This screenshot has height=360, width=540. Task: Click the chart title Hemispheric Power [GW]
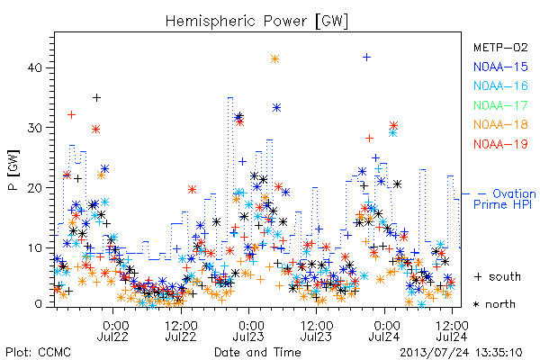pos(256,21)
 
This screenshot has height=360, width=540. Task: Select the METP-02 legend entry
pos(500,47)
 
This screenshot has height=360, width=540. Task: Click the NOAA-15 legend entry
pos(500,67)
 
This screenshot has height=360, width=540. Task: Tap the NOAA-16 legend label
pos(500,85)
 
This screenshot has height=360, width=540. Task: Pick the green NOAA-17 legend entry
pos(500,105)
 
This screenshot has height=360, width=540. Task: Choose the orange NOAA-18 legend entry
pos(500,124)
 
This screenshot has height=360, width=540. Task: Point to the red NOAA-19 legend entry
pos(500,144)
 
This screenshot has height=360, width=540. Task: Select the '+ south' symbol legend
pos(498,276)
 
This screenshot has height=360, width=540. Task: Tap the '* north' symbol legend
pos(494,304)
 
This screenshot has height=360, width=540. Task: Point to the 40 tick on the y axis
pos(34,67)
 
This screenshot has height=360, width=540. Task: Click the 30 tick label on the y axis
pos(34,128)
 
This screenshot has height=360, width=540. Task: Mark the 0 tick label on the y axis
pos(38,304)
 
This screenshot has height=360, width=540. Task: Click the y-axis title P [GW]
pos(13,169)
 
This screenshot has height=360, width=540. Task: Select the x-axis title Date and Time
pos(257,352)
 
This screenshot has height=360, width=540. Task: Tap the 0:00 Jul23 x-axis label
pos(249,331)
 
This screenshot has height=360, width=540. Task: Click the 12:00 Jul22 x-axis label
pos(181,331)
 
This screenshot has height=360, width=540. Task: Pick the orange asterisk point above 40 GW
pos(274,58)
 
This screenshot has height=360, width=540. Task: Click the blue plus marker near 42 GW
pos(367,57)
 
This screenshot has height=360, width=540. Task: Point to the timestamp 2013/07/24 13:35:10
pos(461,353)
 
